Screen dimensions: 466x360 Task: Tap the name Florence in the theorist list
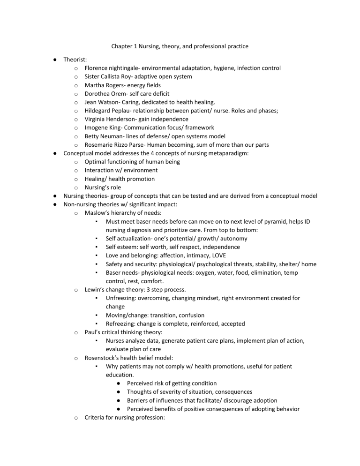[97, 68]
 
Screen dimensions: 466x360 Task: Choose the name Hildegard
[100, 110]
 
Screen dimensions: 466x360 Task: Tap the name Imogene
[98, 128]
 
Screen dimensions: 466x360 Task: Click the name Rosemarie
[101, 144]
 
